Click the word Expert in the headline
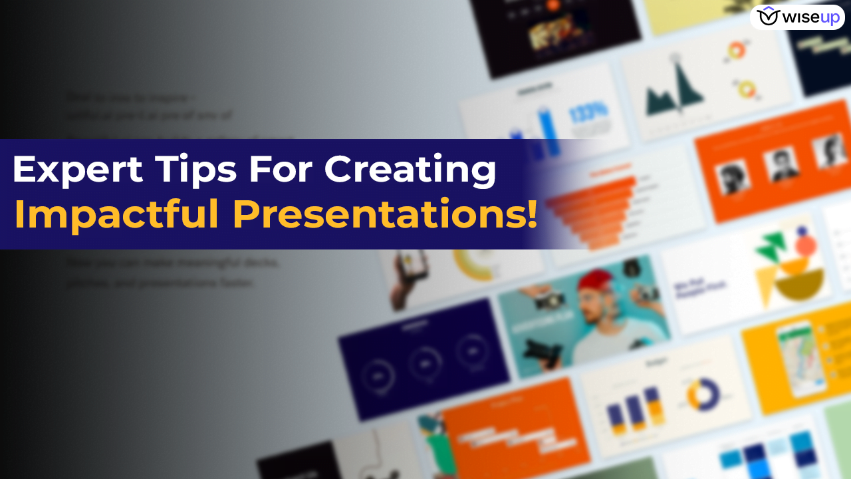tap(77, 170)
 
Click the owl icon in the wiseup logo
tap(767, 16)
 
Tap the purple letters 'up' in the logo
tap(829, 17)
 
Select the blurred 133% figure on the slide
tap(589, 112)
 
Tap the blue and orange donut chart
tap(702, 394)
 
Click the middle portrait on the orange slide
tap(781, 164)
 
